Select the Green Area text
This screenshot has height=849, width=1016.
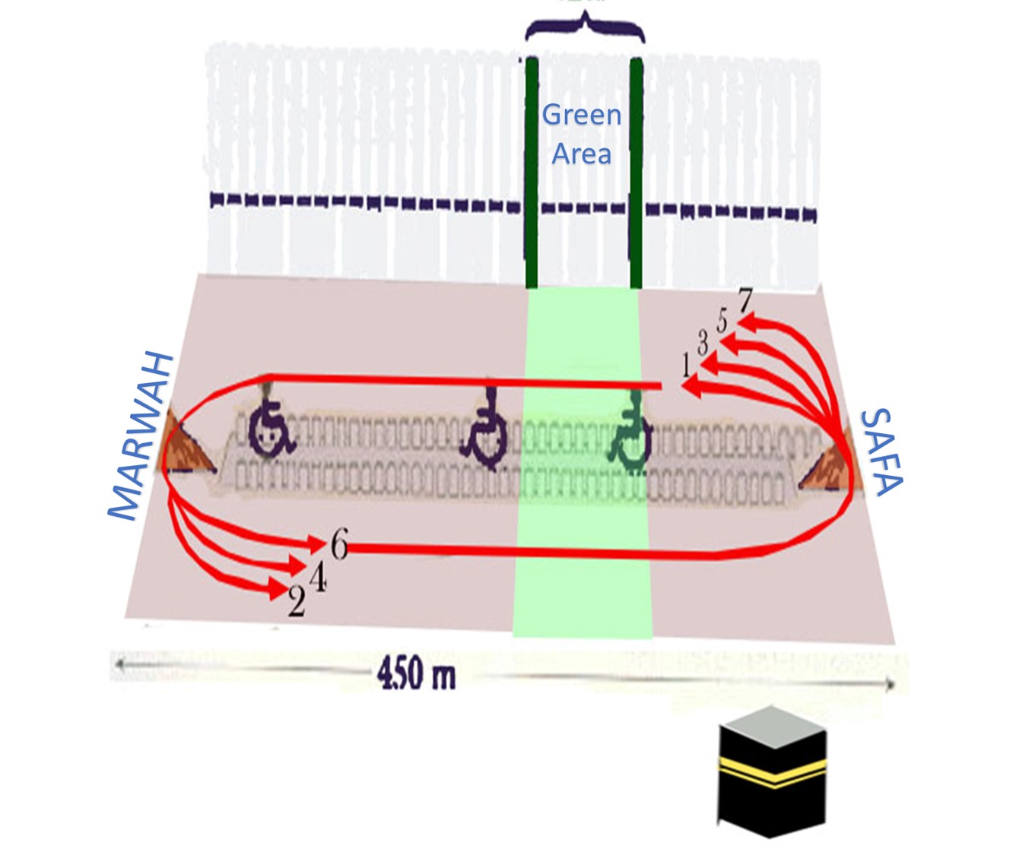point(582,135)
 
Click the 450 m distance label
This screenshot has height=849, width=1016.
point(417,673)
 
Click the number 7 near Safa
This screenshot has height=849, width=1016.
point(745,301)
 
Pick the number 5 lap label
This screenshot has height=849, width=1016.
point(722,320)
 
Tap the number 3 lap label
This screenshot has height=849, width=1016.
point(703,342)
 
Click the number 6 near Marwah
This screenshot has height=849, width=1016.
point(339,544)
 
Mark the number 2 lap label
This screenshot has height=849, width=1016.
point(297,602)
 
